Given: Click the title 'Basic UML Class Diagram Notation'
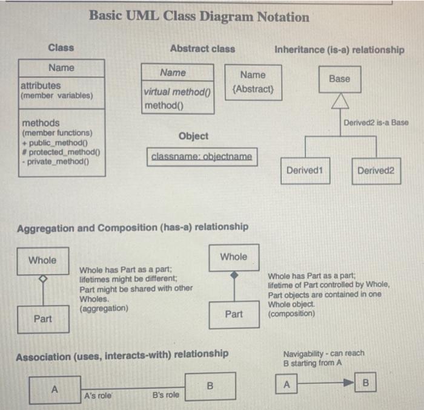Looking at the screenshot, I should pyautogui.click(x=199, y=17).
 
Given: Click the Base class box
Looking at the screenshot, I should pyautogui.click(x=339, y=79).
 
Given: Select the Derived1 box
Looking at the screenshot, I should pyautogui.click(x=304, y=171).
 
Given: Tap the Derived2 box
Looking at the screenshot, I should pyautogui.click(x=376, y=171).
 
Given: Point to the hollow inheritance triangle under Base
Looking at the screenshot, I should pyautogui.click(x=339, y=100).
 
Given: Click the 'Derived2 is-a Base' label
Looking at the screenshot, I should pyautogui.click(x=376, y=123).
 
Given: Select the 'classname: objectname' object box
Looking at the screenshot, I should pyautogui.click(x=202, y=157).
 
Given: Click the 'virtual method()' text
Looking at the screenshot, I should pyautogui.click(x=177, y=93).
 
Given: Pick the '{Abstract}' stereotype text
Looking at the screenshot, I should pyautogui.click(x=253, y=89).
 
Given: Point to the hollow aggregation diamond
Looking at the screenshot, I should pyautogui.click(x=42, y=279).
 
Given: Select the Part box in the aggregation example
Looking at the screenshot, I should pyautogui.click(x=42, y=319).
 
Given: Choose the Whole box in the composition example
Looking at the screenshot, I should pyautogui.click(x=234, y=257).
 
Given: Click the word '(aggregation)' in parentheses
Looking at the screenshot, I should pyautogui.click(x=104, y=308).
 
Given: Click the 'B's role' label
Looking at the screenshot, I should pyautogui.click(x=165, y=395).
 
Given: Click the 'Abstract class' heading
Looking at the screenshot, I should pyautogui.click(x=202, y=48).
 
